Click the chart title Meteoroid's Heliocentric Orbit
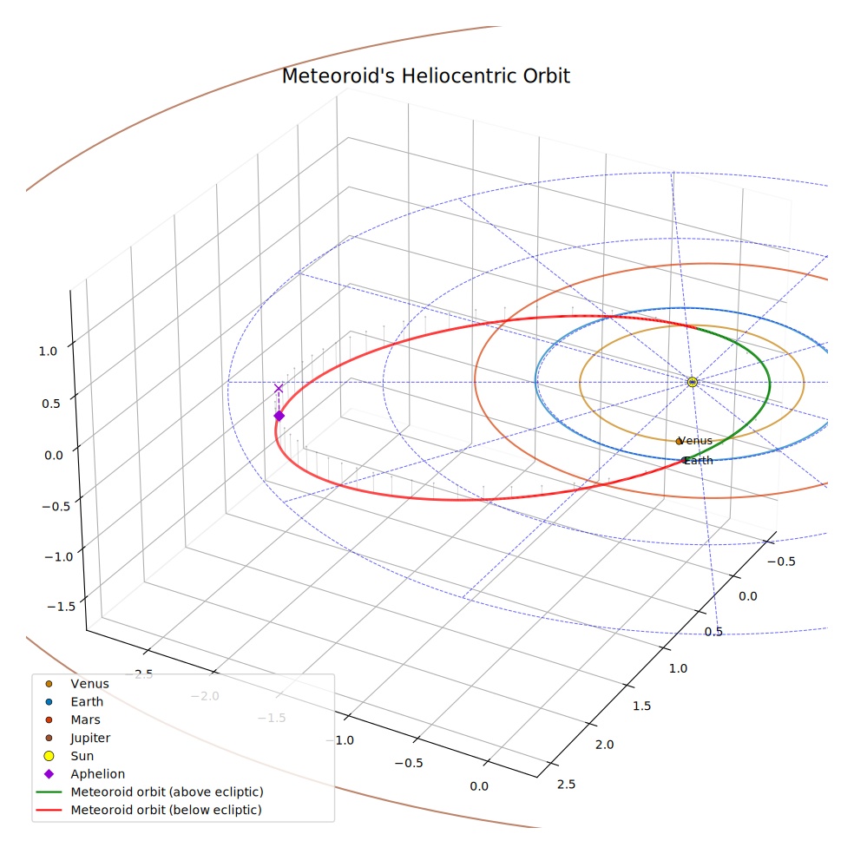click(x=426, y=76)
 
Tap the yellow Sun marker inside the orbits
click(x=693, y=382)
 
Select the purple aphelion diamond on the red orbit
click(x=279, y=416)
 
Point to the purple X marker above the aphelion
click(x=279, y=388)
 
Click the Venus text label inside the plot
click(x=696, y=441)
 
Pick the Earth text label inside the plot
click(x=699, y=461)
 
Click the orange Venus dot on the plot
click(x=679, y=441)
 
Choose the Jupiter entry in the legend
click(x=90, y=738)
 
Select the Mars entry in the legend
click(x=86, y=720)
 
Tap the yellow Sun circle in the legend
click(x=49, y=756)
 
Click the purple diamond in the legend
click(x=49, y=774)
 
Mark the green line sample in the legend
click(x=49, y=792)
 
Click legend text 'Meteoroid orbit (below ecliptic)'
click(x=166, y=810)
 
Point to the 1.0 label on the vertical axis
click(x=48, y=351)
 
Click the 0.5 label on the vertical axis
click(x=50, y=404)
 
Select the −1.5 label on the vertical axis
click(x=61, y=606)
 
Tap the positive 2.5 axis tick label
click(x=567, y=785)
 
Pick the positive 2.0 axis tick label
click(x=605, y=745)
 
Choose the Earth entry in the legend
click(x=87, y=702)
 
